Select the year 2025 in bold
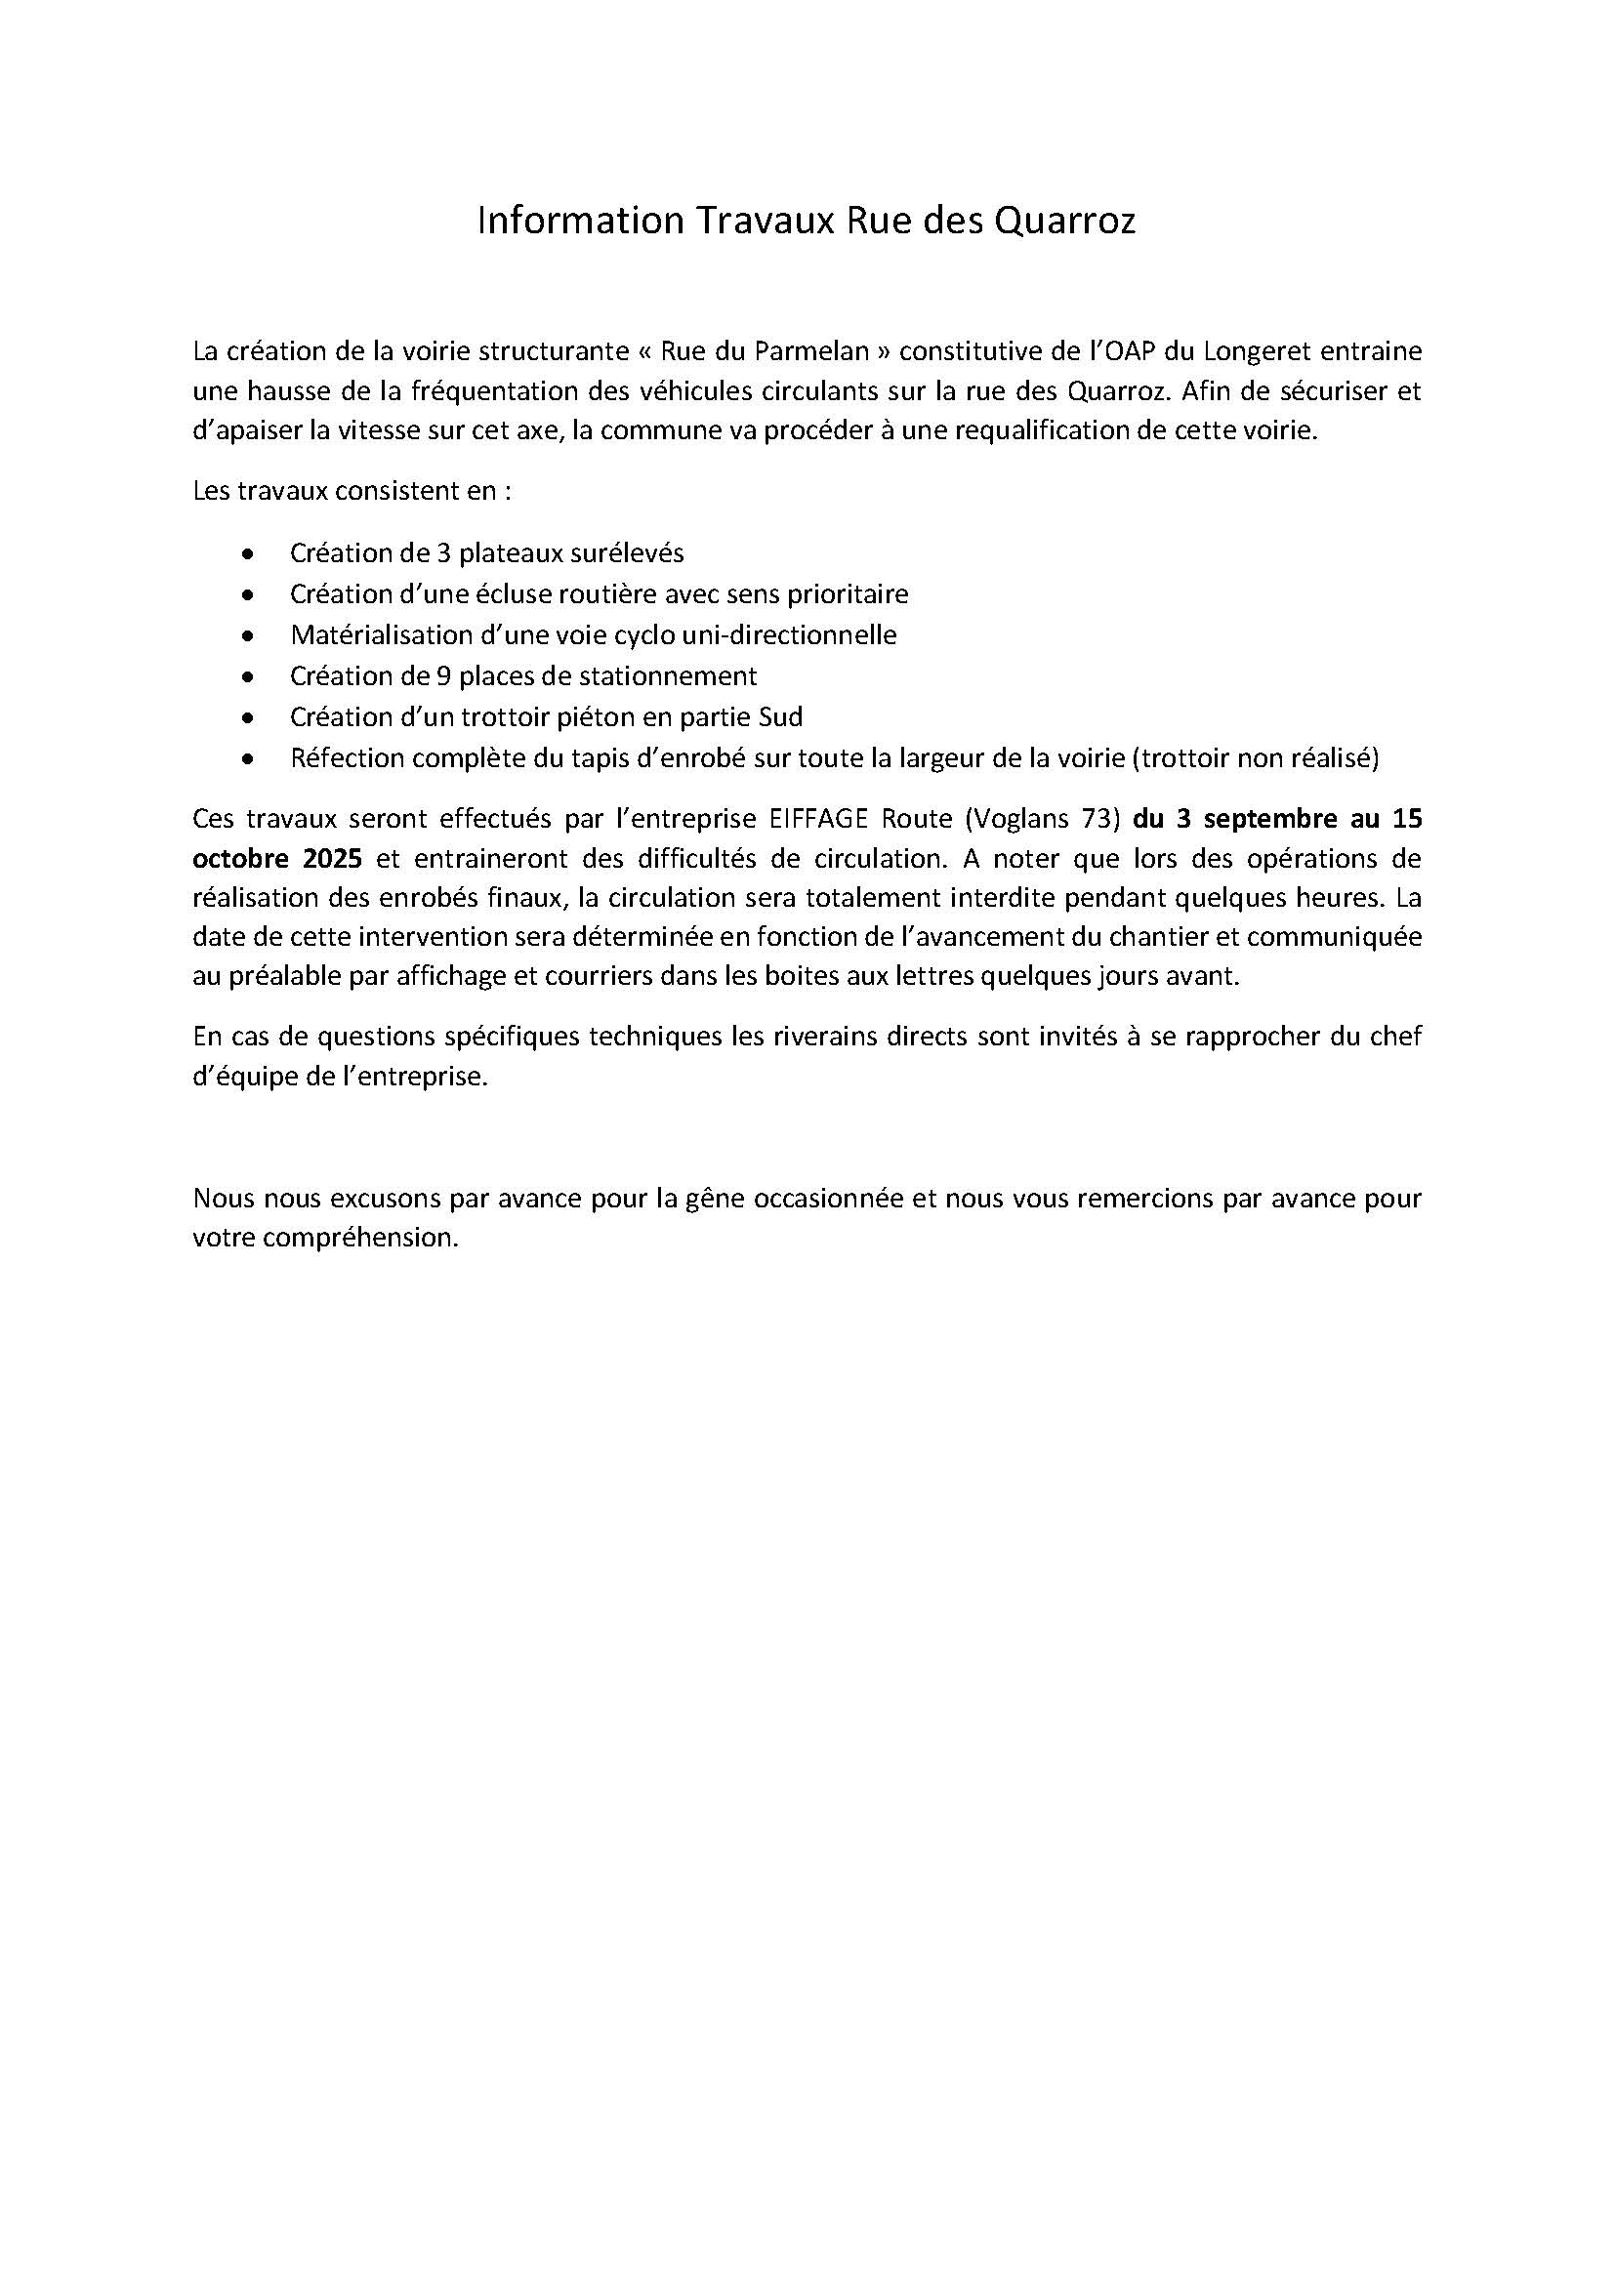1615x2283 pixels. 332,857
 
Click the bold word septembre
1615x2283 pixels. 1272,818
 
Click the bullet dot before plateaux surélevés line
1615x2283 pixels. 248,553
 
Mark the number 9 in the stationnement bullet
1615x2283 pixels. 443,676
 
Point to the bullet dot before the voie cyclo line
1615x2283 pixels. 248,635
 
